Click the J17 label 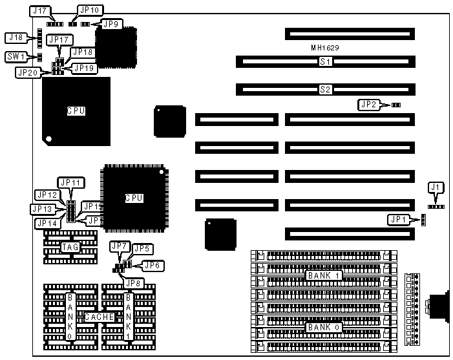click(39, 11)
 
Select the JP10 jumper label click(89, 10)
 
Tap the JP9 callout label click(112, 24)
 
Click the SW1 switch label click(15, 57)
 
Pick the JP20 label click(26, 72)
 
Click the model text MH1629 click(325, 48)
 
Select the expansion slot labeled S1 click(325, 62)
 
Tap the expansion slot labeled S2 click(325, 89)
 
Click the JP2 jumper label click(368, 104)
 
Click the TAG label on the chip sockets click(70, 247)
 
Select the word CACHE click(99, 317)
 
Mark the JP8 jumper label click(134, 282)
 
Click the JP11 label click(68, 183)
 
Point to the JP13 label click(42, 209)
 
